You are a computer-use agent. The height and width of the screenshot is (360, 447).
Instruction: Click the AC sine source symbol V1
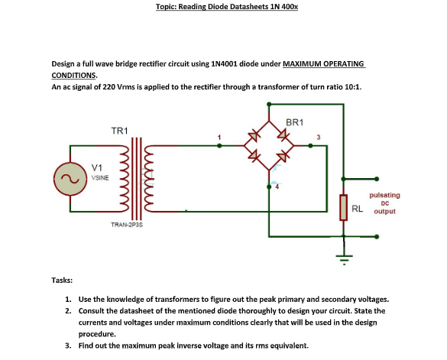point(65,180)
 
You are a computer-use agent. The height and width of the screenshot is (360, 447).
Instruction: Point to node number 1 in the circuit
point(219,137)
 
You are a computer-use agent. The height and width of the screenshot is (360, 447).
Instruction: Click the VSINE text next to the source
point(100,177)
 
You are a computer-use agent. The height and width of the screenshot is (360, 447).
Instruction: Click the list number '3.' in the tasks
point(69,345)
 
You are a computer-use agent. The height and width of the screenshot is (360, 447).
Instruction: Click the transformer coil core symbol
point(138,177)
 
